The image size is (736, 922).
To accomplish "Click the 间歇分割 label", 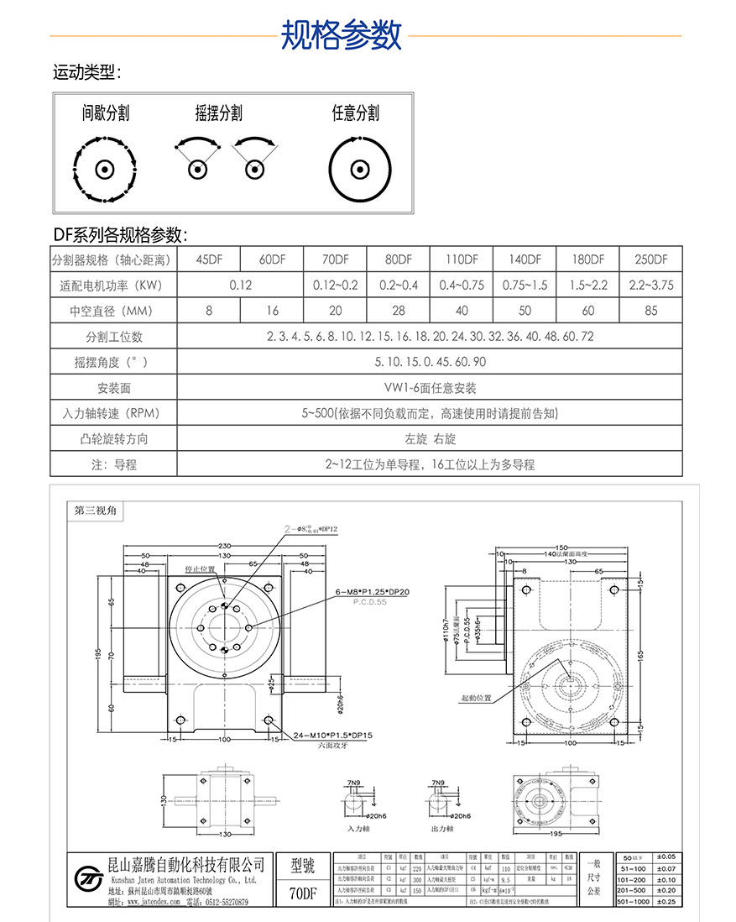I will pyautogui.click(x=106, y=113).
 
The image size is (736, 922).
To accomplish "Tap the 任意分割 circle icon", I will pyautogui.click(x=361, y=170).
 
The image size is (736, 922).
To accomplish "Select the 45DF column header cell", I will pyautogui.click(x=209, y=259).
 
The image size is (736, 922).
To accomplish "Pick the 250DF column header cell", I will pyautogui.click(x=650, y=259).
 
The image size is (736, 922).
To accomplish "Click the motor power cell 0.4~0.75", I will pyautogui.click(x=462, y=286).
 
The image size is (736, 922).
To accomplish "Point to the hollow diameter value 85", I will pyautogui.click(x=650, y=311).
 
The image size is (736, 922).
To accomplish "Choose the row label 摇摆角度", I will pyautogui.click(x=113, y=362).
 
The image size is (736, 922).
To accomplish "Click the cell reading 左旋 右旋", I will pyautogui.click(x=430, y=439).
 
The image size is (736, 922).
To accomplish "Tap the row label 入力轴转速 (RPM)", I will pyautogui.click(x=113, y=413).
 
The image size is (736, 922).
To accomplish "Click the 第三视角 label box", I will pyautogui.click(x=96, y=510).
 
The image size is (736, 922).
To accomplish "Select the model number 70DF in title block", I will pyautogui.click(x=302, y=893).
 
